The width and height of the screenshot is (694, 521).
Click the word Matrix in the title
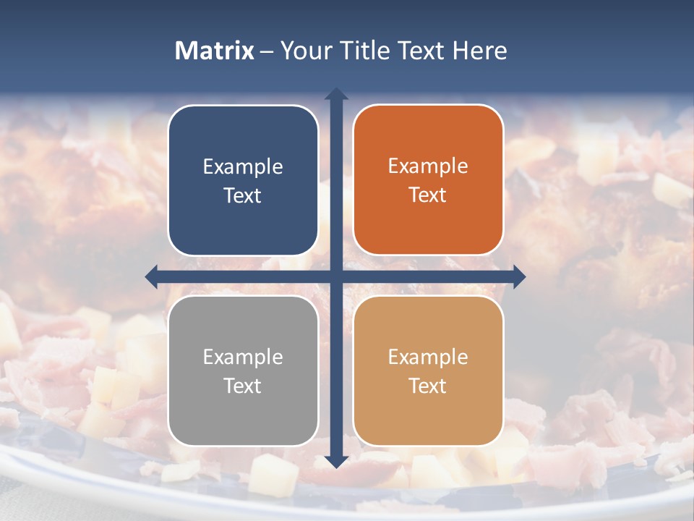(x=215, y=51)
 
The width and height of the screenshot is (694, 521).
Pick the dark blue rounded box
(x=243, y=181)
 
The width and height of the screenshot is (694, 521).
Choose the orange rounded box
(x=428, y=180)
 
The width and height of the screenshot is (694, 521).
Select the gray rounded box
(x=243, y=371)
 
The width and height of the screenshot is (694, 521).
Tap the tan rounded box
(x=428, y=371)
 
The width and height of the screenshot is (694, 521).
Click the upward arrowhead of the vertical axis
(x=336, y=93)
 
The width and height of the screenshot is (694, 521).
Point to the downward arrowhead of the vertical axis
(x=336, y=461)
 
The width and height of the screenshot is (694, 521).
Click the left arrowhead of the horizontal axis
(x=152, y=276)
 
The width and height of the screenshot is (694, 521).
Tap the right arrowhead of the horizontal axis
(x=519, y=276)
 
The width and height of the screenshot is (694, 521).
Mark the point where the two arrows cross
(x=336, y=276)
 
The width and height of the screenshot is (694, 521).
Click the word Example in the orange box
(x=428, y=166)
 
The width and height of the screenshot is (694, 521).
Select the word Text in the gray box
(x=243, y=386)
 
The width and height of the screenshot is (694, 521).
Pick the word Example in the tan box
(x=428, y=357)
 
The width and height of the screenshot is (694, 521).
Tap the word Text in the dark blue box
(x=243, y=195)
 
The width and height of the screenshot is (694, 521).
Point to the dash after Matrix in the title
(x=267, y=51)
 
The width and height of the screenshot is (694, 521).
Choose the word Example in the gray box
(x=243, y=357)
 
